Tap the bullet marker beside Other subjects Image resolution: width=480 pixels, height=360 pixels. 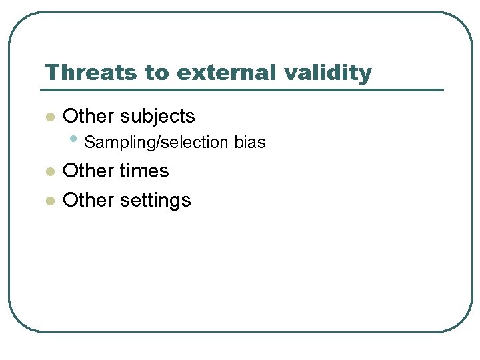pos(49,117)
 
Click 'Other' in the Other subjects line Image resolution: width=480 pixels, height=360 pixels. pos(89,116)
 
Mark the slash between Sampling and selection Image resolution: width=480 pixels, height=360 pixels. pos(157,143)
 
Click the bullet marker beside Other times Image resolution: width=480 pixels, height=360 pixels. pos(49,172)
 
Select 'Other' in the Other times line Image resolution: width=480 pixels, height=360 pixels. pos(89,171)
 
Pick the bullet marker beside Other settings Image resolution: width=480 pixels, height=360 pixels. pos(49,201)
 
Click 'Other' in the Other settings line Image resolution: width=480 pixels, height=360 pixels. pos(89,200)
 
